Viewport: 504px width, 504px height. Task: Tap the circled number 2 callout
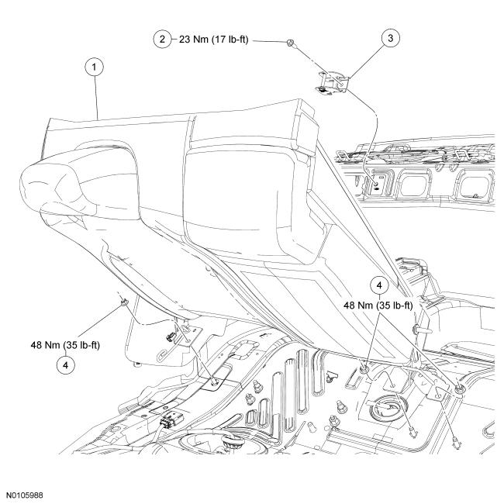[x=162, y=40]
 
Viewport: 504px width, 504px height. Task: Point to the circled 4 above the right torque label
[x=379, y=285]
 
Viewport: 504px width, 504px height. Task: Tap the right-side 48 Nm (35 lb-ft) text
[x=387, y=305]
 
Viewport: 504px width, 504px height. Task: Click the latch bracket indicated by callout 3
[x=335, y=81]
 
